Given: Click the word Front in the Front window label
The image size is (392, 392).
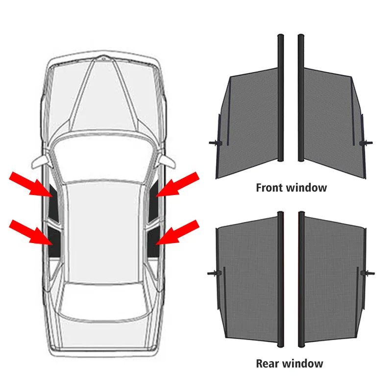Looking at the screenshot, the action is pos(269,187).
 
